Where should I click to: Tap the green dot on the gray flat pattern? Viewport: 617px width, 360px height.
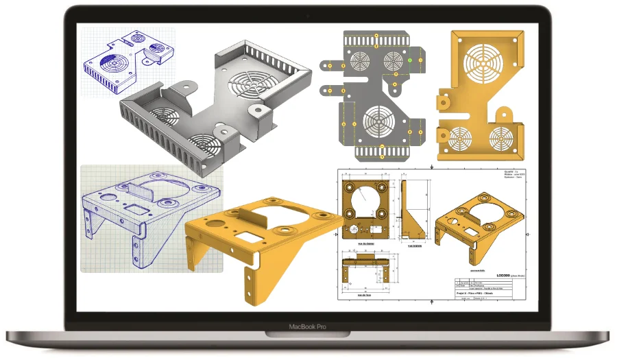tap(409, 60)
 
